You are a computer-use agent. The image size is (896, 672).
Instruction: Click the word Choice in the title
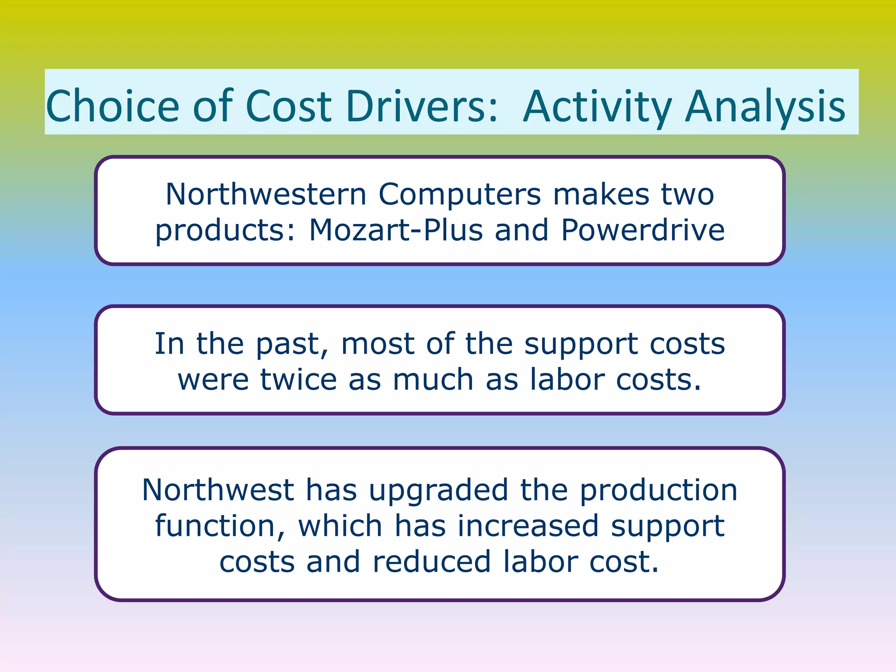coord(113,106)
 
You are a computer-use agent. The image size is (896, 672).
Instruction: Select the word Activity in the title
coord(598,106)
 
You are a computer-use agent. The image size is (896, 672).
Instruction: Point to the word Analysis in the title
coord(765,106)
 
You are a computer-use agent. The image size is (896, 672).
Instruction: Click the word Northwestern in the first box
coord(266,194)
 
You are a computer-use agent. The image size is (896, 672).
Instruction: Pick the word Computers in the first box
coord(459,194)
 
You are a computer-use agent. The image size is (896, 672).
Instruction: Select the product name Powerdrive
coord(643,230)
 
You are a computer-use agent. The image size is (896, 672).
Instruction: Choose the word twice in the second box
coord(298,380)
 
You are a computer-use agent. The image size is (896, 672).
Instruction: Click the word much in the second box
coord(433,380)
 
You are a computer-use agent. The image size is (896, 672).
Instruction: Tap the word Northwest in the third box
coord(218,490)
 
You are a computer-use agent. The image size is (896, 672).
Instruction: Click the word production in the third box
coord(658,491)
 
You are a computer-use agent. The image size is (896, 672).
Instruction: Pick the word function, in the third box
coord(220,526)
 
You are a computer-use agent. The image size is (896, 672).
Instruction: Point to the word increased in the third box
coord(528,526)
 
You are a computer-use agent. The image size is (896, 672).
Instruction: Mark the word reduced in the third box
coord(431,562)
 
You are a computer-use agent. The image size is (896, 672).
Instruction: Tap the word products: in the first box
coord(226,231)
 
